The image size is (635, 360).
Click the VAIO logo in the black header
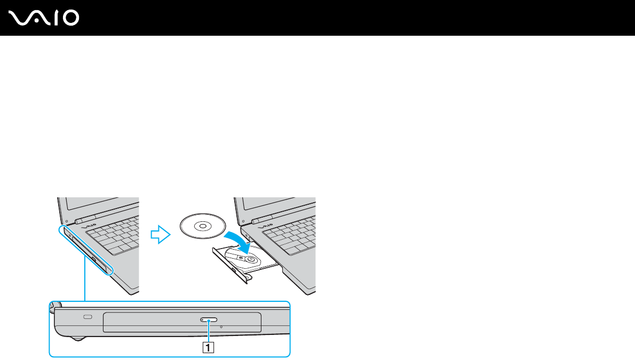pos(44,19)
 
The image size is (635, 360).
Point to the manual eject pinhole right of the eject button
pos(221,326)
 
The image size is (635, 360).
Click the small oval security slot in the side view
pos(88,318)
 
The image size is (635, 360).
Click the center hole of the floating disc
pos(202,226)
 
